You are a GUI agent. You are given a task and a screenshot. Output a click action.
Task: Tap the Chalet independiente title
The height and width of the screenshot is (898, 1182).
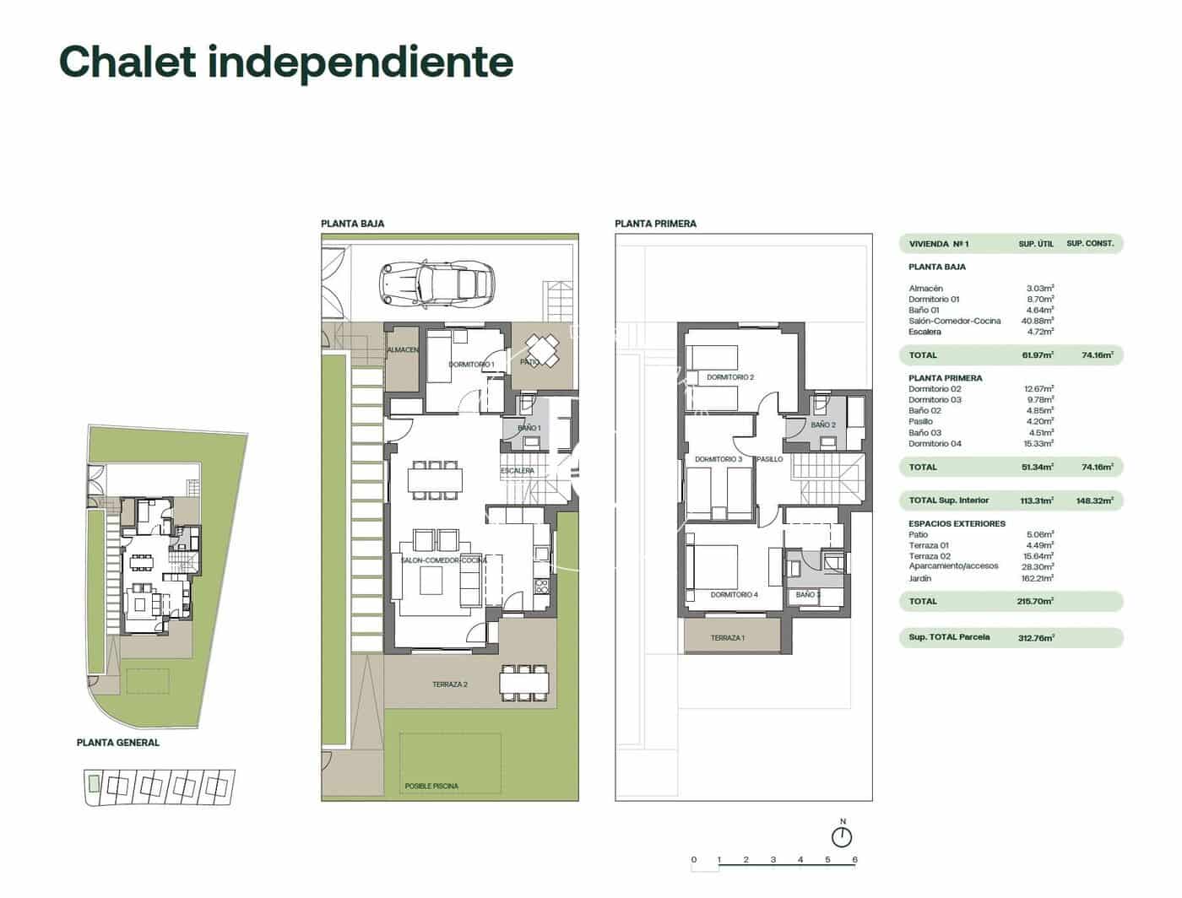pyautogui.click(x=286, y=62)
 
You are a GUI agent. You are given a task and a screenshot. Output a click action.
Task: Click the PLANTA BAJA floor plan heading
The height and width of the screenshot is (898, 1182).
pyautogui.click(x=352, y=224)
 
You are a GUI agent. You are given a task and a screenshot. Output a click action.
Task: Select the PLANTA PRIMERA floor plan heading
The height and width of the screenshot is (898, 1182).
pyautogui.click(x=655, y=224)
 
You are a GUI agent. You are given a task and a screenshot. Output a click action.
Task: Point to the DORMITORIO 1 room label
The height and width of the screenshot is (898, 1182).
pyautogui.click(x=471, y=365)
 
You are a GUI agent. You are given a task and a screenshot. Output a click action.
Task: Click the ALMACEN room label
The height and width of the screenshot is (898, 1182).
pyautogui.click(x=403, y=349)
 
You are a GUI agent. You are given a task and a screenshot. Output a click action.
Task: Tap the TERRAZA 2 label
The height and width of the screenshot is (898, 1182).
pyautogui.click(x=450, y=684)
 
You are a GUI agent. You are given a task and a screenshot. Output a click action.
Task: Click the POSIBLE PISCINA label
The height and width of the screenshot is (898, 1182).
pyautogui.click(x=431, y=786)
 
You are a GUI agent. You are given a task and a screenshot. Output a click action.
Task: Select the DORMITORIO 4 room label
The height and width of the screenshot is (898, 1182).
pyautogui.click(x=734, y=595)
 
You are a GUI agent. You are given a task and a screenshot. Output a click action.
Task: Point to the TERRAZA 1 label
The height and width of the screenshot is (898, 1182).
pyautogui.click(x=727, y=638)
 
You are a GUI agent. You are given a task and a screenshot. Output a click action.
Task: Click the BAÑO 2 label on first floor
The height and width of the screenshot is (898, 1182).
pyautogui.click(x=822, y=425)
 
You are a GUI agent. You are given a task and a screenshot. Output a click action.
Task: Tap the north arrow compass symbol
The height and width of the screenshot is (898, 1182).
pyautogui.click(x=842, y=836)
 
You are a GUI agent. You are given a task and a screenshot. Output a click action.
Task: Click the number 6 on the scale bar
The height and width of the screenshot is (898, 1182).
pyautogui.click(x=854, y=860)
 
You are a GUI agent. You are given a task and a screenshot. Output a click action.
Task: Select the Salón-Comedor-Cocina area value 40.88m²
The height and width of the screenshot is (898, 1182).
pyautogui.click(x=1038, y=321)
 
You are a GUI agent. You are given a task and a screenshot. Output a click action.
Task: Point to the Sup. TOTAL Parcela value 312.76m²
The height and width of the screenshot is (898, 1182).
pyautogui.click(x=1036, y=638)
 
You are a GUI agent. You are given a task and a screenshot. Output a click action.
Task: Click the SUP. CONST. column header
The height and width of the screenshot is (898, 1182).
pyautogui.click(x=1089, y=244)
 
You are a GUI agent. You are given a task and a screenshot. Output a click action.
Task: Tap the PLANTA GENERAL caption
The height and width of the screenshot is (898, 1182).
pyautogui.click(x=117, y=743)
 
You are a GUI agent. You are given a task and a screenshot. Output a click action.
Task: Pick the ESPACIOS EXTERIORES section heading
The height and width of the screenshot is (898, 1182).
pyautogui.click(x=957, y=524)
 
